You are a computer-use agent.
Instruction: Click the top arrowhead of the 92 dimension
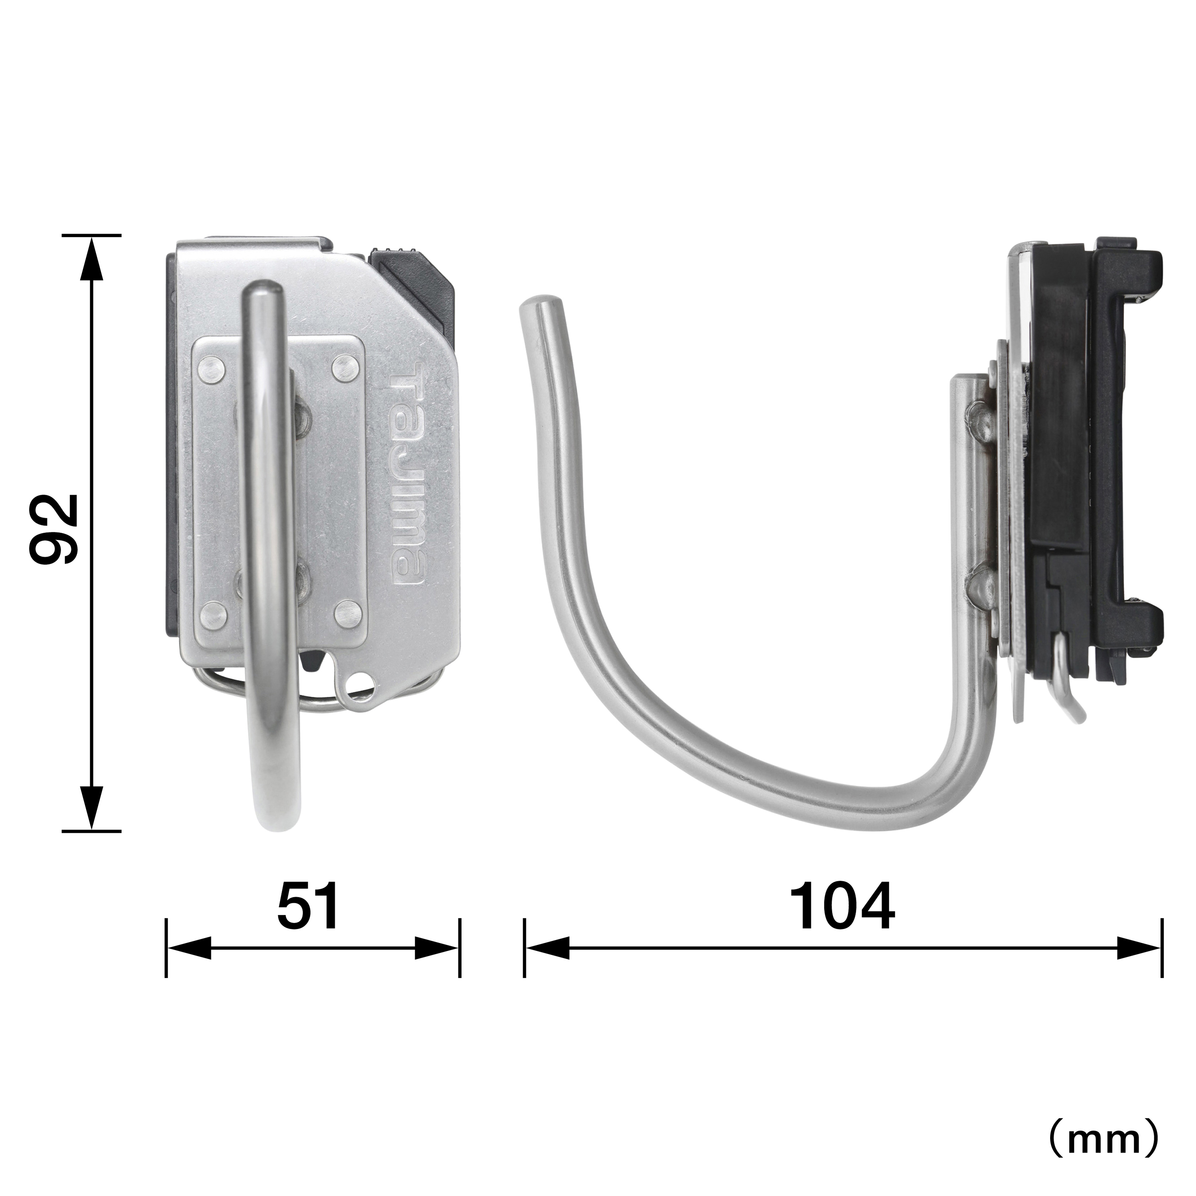point(92,260)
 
